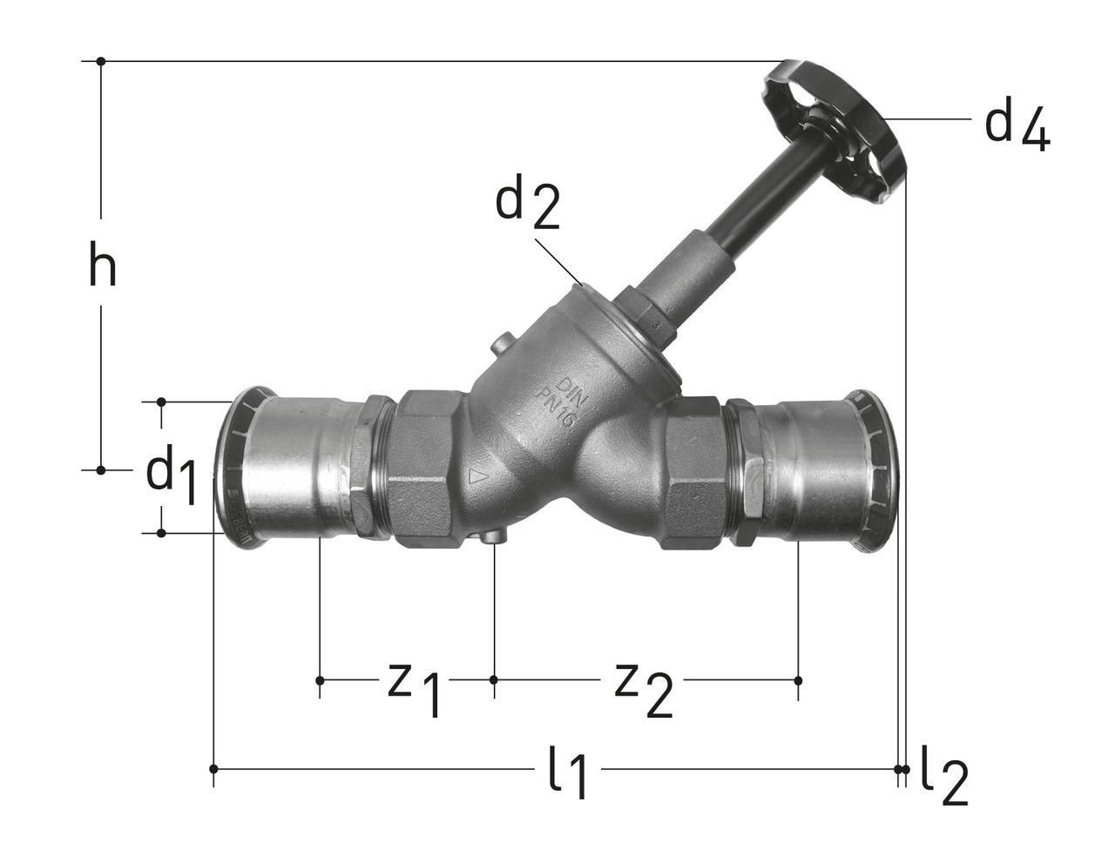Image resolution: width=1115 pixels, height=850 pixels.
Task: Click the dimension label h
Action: pos(102,264)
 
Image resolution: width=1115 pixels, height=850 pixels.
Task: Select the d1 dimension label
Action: pos(172,473)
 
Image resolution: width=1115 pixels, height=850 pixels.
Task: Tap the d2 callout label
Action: pos(527,206)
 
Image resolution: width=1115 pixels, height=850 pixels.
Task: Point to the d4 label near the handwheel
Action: pos(1017,131)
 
